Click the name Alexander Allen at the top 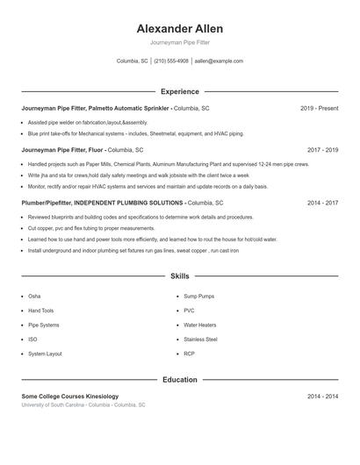[179, 28]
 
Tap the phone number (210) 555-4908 [171, 61]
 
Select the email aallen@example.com [219, 61]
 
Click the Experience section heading [179, 91]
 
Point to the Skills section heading [179, 275]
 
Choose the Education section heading [179, 380]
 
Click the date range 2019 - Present [319, 108]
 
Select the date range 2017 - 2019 [322, 150]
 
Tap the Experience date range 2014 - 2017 [322, 203]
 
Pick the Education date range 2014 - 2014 [322, 397]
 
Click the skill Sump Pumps [198, 297]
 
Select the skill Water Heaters [199, 325]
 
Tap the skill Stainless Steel [200, 339]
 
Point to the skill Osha [34, 297]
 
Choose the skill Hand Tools [40, 311]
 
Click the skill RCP [189, 354]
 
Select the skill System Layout [45, 354]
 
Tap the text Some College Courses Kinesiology [69, 397]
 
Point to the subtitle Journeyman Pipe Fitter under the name [179, 42]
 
